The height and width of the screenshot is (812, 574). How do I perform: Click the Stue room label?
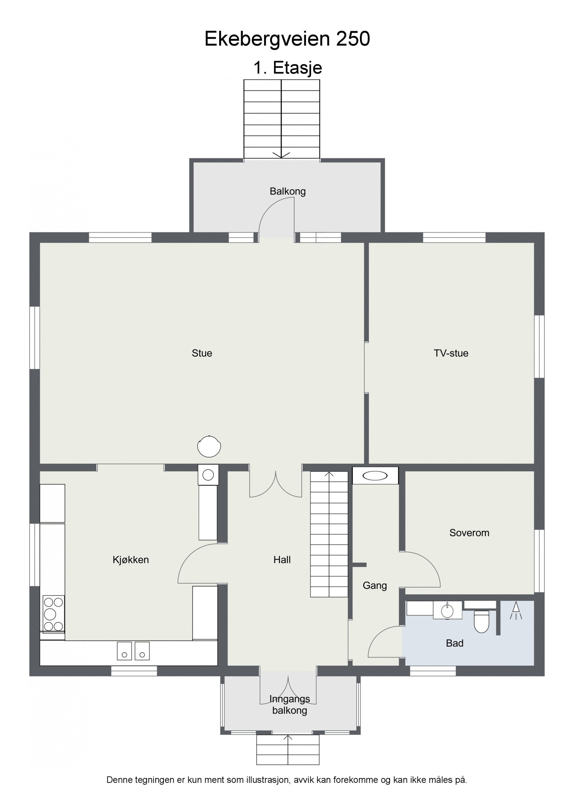point(202,353)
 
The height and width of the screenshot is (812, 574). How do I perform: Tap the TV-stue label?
point(451,353)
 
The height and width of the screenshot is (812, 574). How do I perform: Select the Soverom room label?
point(469,532)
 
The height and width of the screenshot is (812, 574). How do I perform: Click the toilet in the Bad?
point(481,621)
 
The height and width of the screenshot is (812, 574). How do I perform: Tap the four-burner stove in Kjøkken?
point(53,613)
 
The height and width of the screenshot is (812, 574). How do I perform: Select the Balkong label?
point(287,191)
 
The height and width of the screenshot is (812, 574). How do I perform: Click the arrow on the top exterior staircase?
point(281,154)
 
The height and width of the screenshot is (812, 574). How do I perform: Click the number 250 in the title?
point(353,39)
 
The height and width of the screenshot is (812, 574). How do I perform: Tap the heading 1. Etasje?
point(287,67)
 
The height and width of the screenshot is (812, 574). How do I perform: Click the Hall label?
point(282,560)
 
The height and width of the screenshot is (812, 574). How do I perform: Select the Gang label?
point(375,586)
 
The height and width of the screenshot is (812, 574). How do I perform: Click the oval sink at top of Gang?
point(375,476)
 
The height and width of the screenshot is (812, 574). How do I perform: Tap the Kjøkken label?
point(131,560)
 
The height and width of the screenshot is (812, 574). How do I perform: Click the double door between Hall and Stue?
point(276,484)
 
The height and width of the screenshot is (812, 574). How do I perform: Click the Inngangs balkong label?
point(289,705)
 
